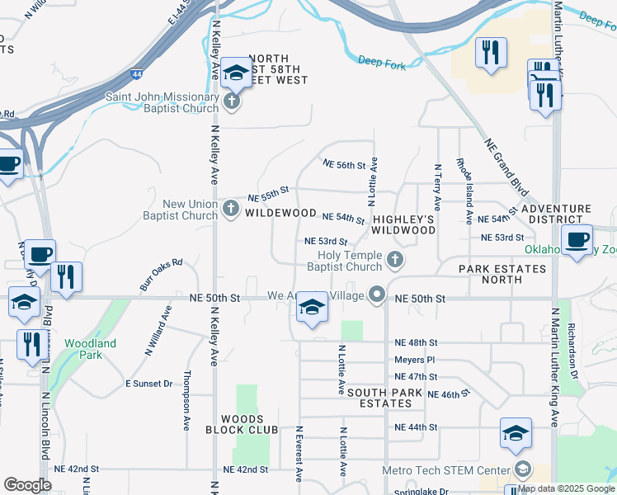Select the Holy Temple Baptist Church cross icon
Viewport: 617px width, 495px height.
(x=395, y=260)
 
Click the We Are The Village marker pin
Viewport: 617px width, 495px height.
(x=378, y=295)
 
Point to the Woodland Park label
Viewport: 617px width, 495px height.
(x=91, y=349)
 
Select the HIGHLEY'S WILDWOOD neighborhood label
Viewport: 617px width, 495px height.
(x=403, y=224)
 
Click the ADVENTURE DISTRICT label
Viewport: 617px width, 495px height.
(x=562, y=214)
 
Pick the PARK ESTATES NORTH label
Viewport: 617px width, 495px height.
(x=502, y=274)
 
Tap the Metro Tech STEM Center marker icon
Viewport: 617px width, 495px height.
(x=521, y=469)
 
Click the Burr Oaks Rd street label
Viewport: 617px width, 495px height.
(x=161, y=275)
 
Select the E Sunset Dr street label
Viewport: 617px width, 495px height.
(x=149, y=384)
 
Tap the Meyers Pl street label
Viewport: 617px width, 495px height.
(x=414, y=360)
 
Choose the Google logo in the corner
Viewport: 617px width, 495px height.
(x=27, y=485)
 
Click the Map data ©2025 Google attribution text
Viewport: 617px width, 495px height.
(x=566, y=488)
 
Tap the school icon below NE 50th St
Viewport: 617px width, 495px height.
(x=312, y=309)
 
